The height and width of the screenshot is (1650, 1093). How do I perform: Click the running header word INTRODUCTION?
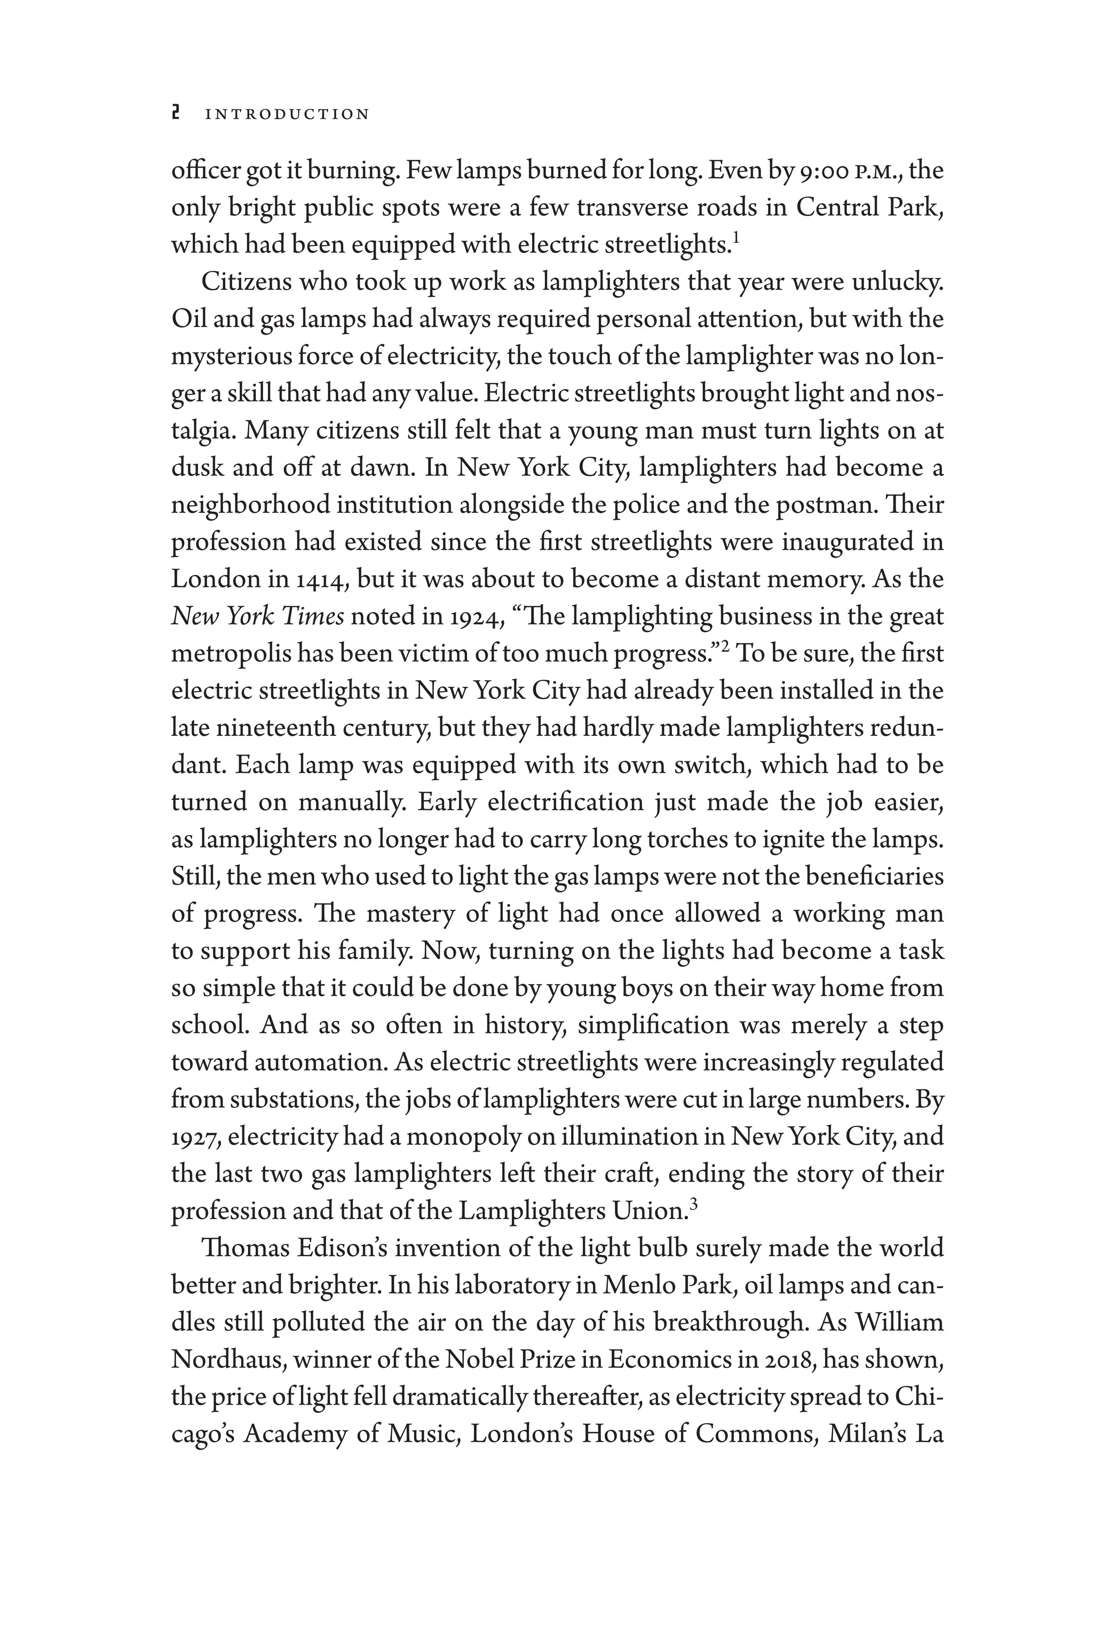click(x=287, y=114)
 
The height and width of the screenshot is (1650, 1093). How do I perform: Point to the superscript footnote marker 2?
click(x=724, y=646)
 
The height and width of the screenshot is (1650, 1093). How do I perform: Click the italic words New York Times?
click(x=257, y=617)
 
